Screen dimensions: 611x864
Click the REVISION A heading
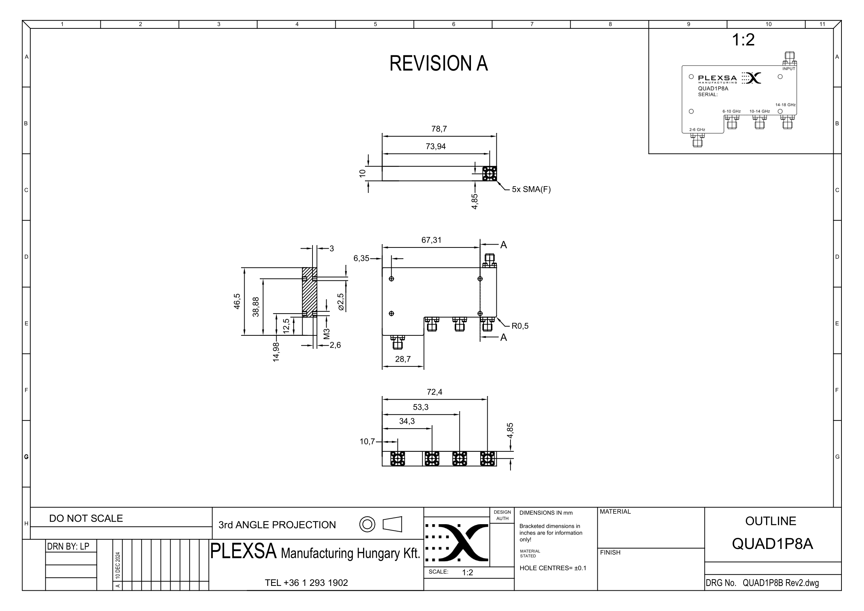[x=438, y=63]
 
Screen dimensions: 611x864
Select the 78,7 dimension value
[x=439, y=129]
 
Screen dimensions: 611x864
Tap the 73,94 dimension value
[x=436, y=146]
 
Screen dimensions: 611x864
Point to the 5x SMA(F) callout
[x=531, y=190]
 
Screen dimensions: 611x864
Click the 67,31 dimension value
[x=431, y=240]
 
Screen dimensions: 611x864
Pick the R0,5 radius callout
[x=520, y=326]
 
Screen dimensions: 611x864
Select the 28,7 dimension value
[x=403, y=359]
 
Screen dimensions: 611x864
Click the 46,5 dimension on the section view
[x=237, y=301]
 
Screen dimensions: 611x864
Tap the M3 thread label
[x=327, y=334]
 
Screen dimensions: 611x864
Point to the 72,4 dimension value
[x=434, y=392]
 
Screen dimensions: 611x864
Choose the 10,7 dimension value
[x=367, y=441]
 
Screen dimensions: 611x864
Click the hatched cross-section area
[x=309, y=292]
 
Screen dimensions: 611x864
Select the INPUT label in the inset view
[x=789, y=69]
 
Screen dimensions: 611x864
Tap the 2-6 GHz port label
[x=697, y=130]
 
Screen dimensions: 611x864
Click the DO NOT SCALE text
[x=86, y=518]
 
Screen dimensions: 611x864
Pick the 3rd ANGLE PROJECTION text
[x=277, y=525]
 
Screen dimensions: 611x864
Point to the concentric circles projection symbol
[x=367, y=525]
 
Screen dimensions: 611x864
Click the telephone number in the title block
[x=306, y=583]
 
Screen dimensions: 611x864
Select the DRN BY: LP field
[x=68, y=546]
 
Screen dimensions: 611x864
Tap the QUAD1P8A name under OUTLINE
[x=772, y=544]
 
